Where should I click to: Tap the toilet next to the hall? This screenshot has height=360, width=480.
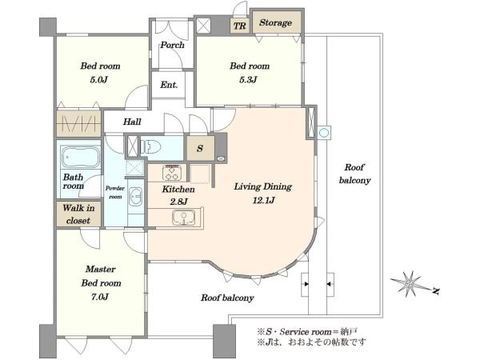click(x=151, y=146)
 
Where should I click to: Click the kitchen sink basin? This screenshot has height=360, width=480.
click(x=183, y=217)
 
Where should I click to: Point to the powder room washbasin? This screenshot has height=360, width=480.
click(x=135, y=196)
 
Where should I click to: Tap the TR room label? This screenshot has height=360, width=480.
click(x=240, y=26)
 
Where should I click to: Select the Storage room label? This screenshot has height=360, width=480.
click(x=275, y=22)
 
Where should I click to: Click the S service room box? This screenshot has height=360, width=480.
click(x=201, y=148)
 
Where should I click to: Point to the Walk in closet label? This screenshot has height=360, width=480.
click(x=78, y=214)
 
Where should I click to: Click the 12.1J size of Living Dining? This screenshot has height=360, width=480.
click(x=263, y=200)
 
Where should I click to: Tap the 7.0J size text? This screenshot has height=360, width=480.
click(x=100, y=297)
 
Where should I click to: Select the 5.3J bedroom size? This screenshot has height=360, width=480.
click(x=249, y=79)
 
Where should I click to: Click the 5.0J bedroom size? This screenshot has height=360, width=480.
click(x=99, y=80)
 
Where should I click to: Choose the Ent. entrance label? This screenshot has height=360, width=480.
click(x=169, y=85)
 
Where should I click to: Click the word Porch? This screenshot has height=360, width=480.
click(x=172, y=45)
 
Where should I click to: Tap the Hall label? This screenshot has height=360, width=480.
click(x=132, y=122)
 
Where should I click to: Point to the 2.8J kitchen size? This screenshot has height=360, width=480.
click(x=178, y=202)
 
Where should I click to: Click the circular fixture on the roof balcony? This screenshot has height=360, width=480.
click(x=324, y=133)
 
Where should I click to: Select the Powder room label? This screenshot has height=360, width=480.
click(x=115, y=192)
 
